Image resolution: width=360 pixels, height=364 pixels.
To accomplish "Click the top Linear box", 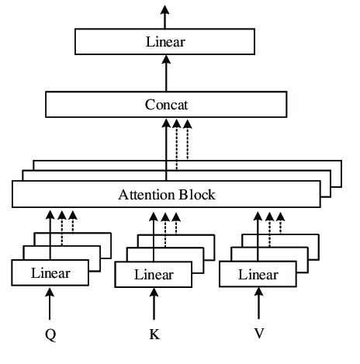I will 165,41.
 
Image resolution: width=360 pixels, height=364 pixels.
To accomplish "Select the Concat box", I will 165,104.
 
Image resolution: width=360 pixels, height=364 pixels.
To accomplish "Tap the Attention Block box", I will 165,194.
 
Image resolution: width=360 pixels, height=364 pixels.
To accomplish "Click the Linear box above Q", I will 50,273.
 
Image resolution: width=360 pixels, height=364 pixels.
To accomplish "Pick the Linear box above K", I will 154,275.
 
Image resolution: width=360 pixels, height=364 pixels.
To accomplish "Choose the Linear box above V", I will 258,275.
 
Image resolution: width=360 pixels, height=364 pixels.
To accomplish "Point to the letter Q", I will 50,338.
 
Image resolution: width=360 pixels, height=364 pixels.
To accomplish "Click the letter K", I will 154,338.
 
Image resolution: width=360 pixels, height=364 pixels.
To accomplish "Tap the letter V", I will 258,338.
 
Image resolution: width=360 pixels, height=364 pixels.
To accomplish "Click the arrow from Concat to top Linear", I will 165,73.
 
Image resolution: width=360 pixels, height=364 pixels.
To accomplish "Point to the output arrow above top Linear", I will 165,16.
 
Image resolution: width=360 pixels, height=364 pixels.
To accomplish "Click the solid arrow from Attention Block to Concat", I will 165,147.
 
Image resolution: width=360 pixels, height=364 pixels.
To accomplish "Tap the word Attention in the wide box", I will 144,194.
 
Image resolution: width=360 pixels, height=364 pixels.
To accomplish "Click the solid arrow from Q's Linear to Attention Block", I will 50,233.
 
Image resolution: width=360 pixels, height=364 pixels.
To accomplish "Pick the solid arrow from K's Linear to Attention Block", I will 154,233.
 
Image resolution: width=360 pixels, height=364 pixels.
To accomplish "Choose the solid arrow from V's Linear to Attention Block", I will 258,233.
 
